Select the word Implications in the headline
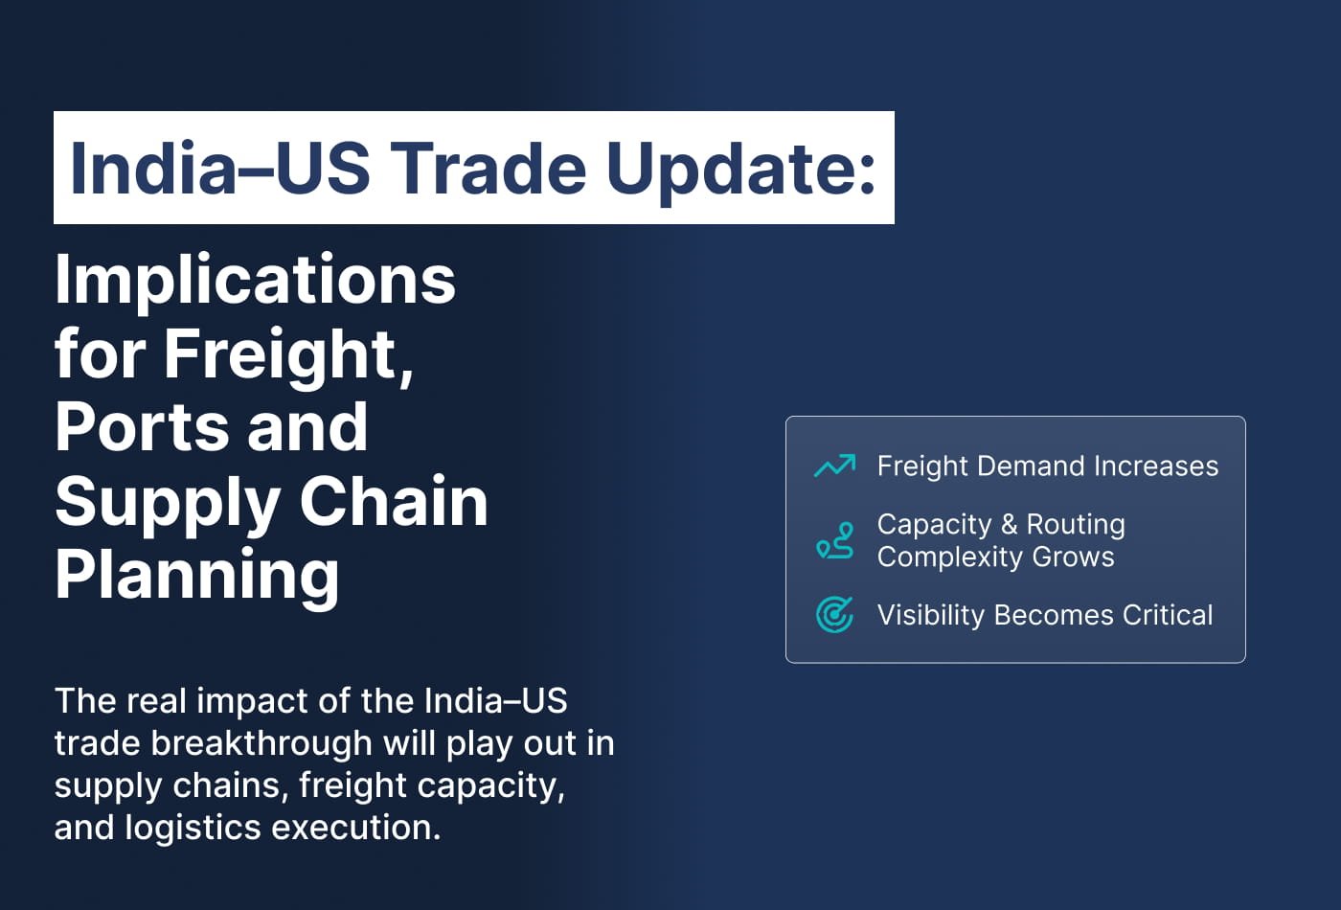click(255, 280)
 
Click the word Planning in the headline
click(197, 575)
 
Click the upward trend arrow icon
click(834, 466)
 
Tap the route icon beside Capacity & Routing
click(834, 540)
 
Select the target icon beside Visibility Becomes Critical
click(834, 614)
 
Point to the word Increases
click(1156, 466)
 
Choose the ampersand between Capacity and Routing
click(1009, 525)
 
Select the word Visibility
click(931, 615)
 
